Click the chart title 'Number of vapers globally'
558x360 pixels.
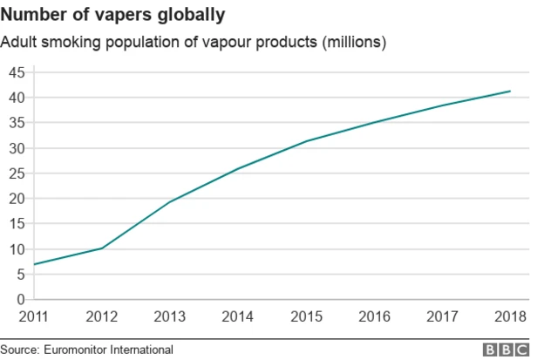pos(115,15)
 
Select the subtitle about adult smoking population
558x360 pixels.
pos(194,42)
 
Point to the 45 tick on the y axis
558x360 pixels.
pos(17,72)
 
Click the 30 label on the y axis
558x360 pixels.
pos(17,148)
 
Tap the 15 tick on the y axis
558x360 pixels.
pos(17,224)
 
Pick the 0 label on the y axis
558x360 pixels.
pos(21,299)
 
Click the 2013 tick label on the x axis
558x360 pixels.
pos(168,316)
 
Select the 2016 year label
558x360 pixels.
pos(375,316)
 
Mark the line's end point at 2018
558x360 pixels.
pos(510,92)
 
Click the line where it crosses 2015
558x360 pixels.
pos(306,141)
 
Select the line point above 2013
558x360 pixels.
pos(168,202)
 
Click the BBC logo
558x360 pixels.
pos(507,350)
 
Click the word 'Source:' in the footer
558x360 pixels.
pos(20,350)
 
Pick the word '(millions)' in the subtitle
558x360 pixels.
pos(355,42)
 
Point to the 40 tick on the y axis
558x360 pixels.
pos(17,98)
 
